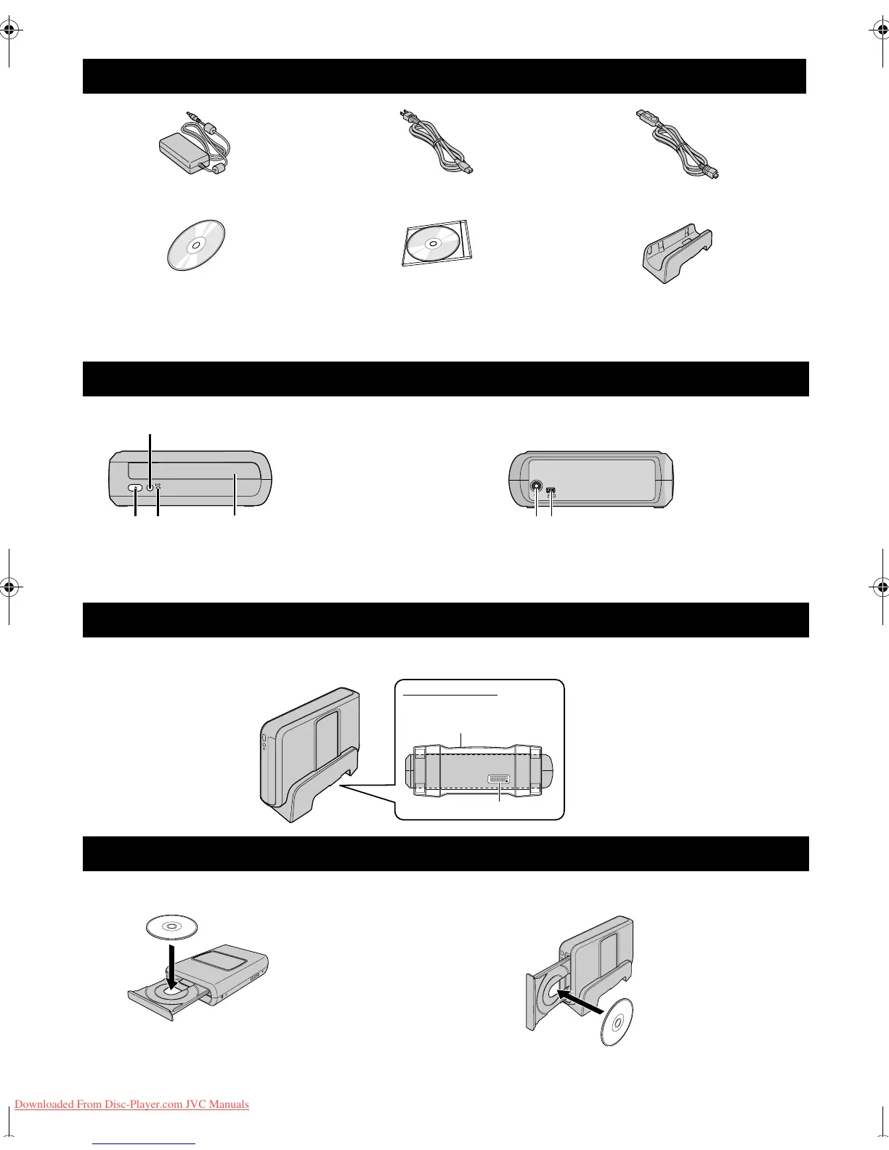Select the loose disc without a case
[x=195, y=245]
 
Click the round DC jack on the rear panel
[x=537, y=488]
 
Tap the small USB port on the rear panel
[x=551, y=491]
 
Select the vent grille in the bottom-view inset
[x=498, y=779]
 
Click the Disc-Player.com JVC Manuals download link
[x=131, y=1104]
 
